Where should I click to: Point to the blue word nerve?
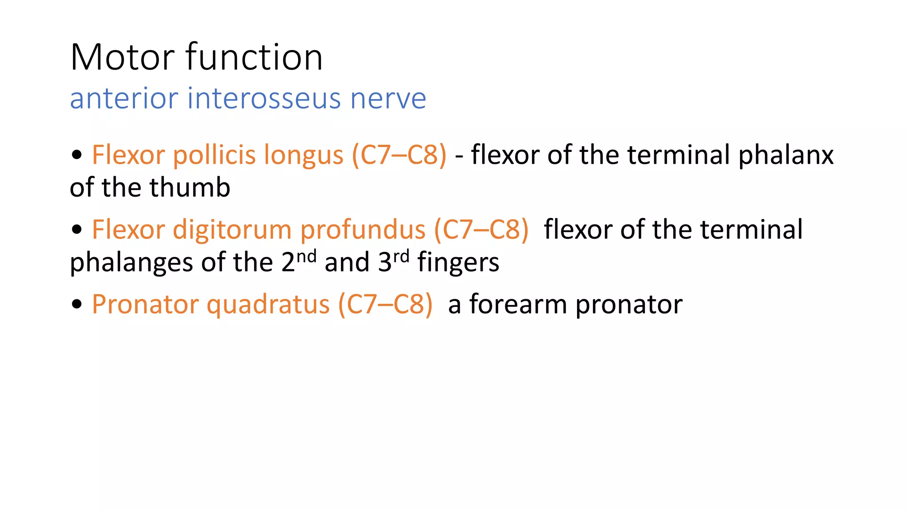388,99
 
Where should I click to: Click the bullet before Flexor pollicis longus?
77,155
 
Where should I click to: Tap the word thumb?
190,188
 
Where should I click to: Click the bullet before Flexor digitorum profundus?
77,229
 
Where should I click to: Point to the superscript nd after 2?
306,256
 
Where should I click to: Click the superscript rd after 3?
401,256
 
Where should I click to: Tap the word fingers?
458,263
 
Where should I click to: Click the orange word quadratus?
268,305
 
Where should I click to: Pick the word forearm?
518,305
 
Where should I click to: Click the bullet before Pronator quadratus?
77,304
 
